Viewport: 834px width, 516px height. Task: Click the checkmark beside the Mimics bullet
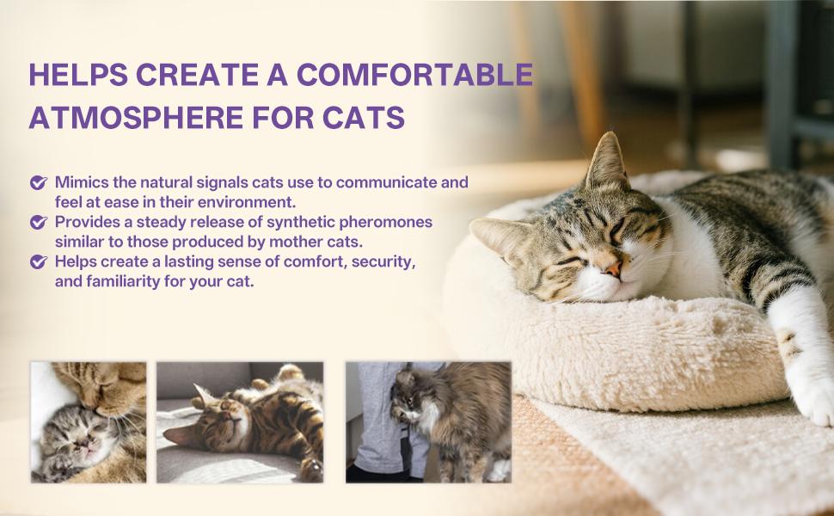tap(38, 183)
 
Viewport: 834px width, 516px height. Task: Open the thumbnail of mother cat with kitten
tap(89, 421)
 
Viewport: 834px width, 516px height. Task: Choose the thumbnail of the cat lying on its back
tap(240, 421)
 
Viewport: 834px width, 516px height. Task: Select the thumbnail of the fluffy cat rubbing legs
tap(428, 421)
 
